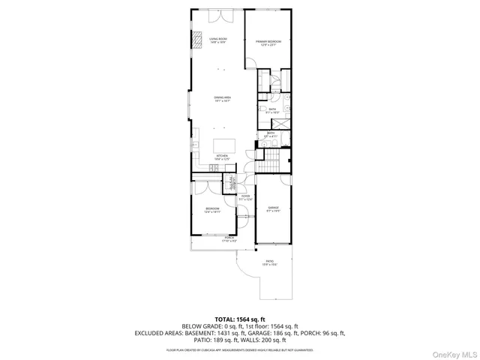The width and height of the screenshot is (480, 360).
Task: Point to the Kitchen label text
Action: [x=221, y=157]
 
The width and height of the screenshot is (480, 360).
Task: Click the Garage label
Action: [x=273, y=208]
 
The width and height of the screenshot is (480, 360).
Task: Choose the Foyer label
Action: [x=245, y=198]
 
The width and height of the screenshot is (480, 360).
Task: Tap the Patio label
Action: [x=269, y=262]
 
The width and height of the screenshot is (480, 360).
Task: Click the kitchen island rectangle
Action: [x=226, y=144]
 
